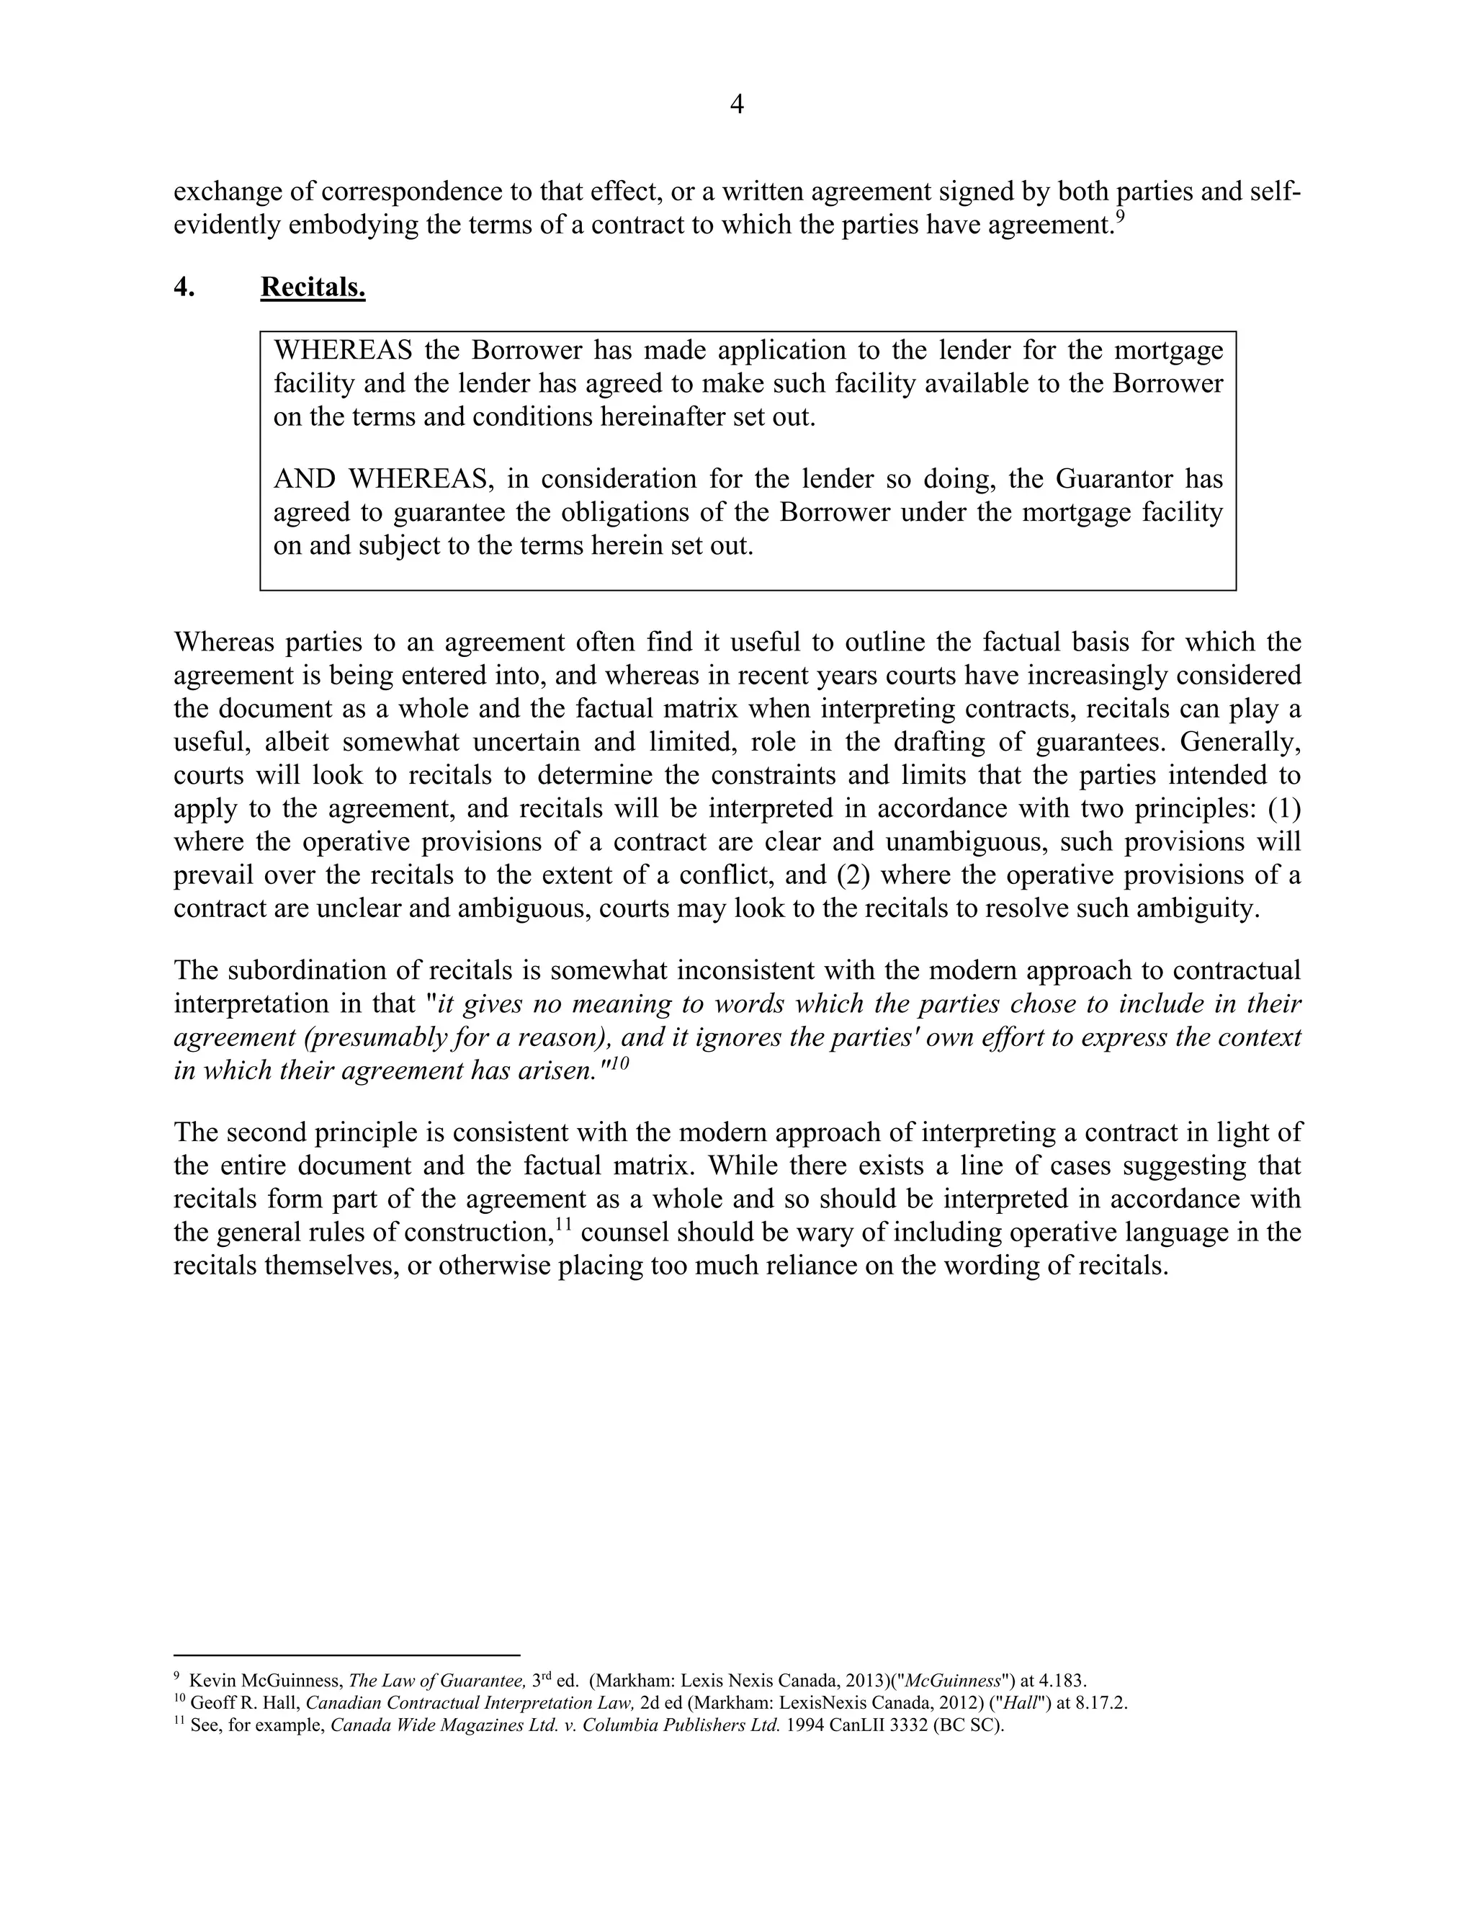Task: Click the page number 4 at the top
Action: click(737, 105)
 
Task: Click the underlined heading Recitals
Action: click(313, 287)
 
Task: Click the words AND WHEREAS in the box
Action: click(380, 479)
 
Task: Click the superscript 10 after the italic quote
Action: click(619, 1063)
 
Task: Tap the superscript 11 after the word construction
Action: click(564, 1225)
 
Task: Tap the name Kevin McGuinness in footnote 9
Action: click(266, 1681)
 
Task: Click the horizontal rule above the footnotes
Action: click(347, 1655)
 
